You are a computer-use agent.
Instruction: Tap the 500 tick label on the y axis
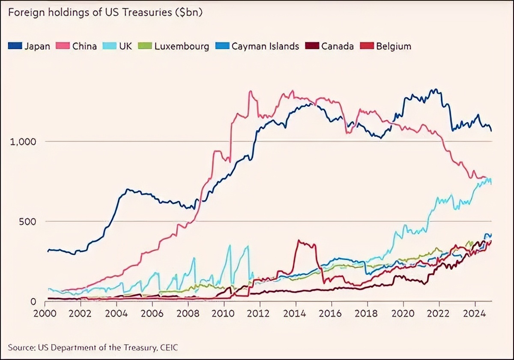27,222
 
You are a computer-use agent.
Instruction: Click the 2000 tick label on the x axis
45,313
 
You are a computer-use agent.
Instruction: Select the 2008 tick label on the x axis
188,313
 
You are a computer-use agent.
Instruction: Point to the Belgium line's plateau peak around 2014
306,244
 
